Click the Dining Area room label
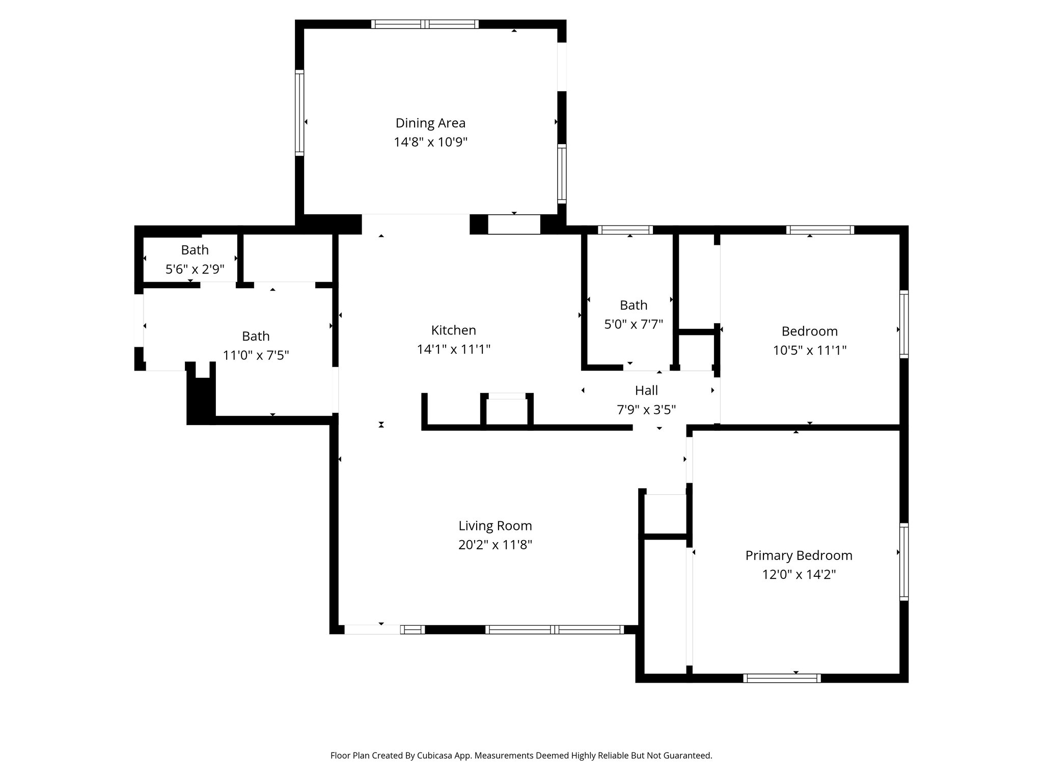(430, 123)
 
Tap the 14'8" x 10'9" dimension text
(430, 142)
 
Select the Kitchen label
(453, 330)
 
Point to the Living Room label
(495, 525)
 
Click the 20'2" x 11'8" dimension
(495, 545)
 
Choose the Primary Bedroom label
(799, 555)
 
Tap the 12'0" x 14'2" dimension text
(799, 574)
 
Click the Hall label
(646, 390)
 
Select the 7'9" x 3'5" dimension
(646, 409)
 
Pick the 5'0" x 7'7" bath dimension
(634, 324)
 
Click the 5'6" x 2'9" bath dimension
(195, 269)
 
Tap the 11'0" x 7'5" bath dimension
(256, 355)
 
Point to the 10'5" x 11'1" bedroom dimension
(810, 350)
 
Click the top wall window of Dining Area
(425, 24)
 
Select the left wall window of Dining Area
(299, 113)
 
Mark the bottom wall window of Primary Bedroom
(782, 678)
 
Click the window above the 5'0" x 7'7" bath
(625, 230)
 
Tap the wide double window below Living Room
(554, 630)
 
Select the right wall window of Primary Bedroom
(903, 562)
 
